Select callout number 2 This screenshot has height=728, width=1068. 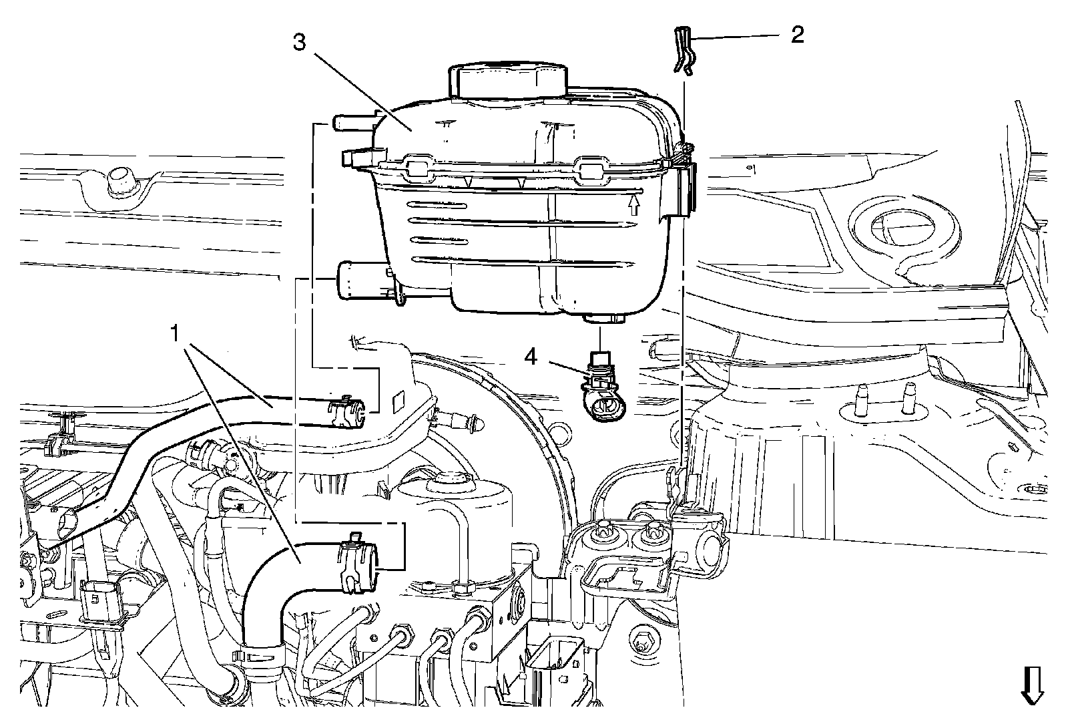(796, 35)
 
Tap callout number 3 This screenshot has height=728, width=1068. (299, 43)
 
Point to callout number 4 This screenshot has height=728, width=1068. (531, 357)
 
